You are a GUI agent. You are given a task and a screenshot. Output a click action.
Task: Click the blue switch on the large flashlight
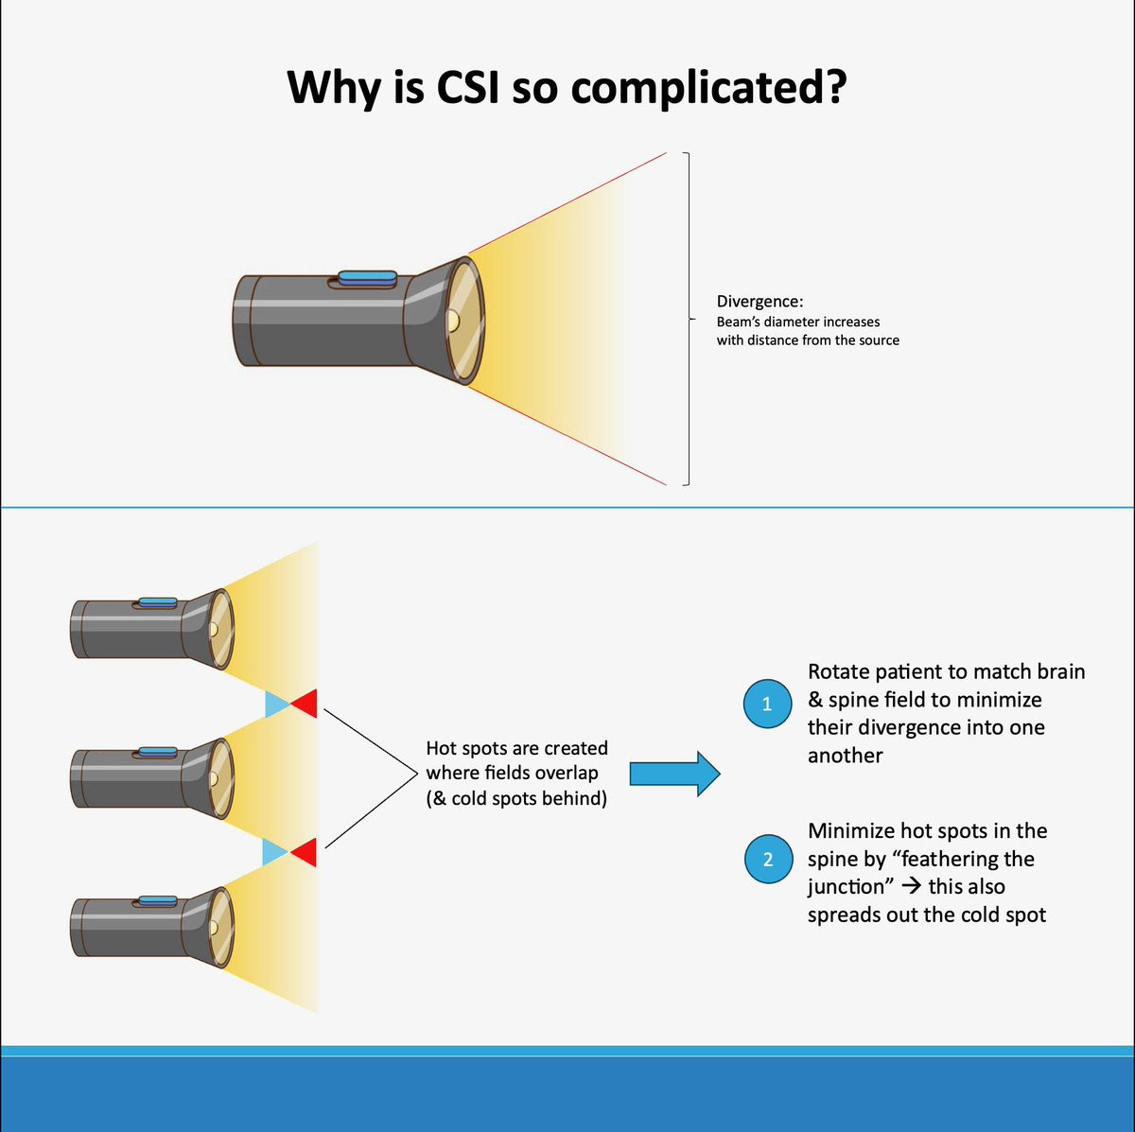(x=368, y=277)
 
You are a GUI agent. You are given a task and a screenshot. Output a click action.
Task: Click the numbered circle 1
(x=767, y=705)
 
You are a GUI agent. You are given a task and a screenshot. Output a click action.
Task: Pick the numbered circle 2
(x=767, y=860)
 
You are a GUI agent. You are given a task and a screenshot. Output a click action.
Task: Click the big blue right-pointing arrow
(x=674, y=774)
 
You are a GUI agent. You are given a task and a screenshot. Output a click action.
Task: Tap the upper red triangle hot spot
(x=306, y=704)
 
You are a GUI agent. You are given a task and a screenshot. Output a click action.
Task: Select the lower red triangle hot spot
(x=306, y=852)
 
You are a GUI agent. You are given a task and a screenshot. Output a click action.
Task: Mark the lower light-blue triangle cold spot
(x=274, y=853)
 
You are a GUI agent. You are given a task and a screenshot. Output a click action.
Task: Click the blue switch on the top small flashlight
(x=158, y=602)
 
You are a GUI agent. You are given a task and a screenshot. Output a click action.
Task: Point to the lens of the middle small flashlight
(x=220, y=777)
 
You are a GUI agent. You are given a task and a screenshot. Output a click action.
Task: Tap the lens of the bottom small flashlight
(x=220, y=927)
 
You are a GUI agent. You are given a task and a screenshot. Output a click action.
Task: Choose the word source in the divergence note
(x=877, y=340)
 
